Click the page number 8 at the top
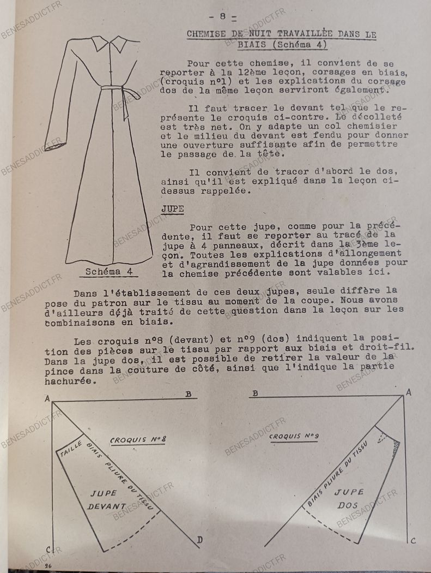(x=223, y=16)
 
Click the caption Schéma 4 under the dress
(x=110, y=272)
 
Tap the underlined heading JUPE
(x=172, y=208)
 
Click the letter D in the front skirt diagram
(x=200, y=540)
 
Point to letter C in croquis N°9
(x=412, y=541)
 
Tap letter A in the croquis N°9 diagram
(x=408, y=392)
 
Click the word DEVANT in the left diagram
(x=107, y=506)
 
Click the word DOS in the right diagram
(x=348, y=505)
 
